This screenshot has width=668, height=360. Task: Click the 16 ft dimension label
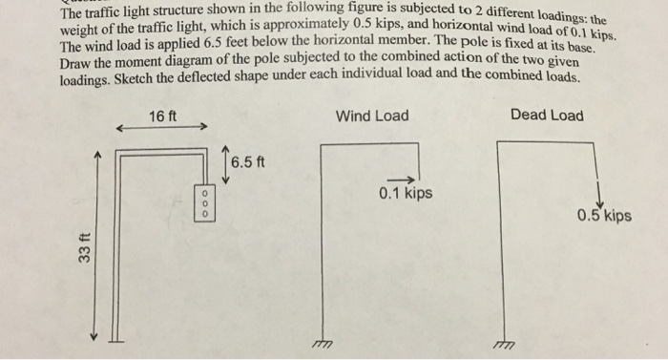pyautogui.click(x=163, y=116)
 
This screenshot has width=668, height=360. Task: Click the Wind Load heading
pyautogui.click(x=372, y=116)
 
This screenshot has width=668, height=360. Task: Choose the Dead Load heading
pyautogui.click(x=547, y=116)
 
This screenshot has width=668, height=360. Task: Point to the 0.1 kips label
pyautogui.click(x=405, y=194)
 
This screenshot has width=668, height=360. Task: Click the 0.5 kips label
pyautogui.click(x=604, y=215)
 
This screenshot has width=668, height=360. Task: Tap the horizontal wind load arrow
pyautogui.click(x=400, y=179)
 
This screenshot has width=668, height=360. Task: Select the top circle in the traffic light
pyautogui.click(x=202, y=193)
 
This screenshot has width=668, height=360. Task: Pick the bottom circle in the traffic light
pyautogui.click(x=202, y=213)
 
